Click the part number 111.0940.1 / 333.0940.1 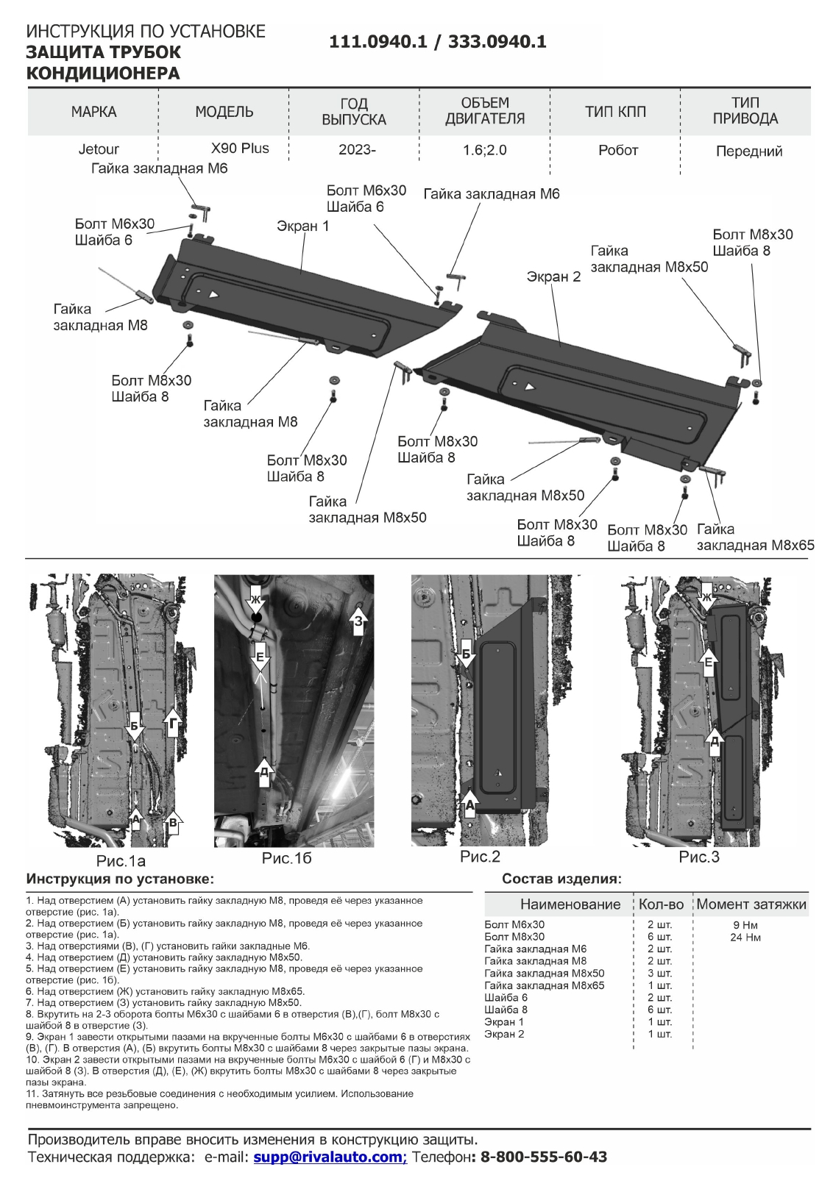pyautogui.click(x=437, y=42)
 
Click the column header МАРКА pyautogui.click(x=93, y=112)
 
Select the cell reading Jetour pyautogui.click(x=99, y=150)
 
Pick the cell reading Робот pyautogui.click(x=618, y=150)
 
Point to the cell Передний pyautogui.click(x=748, y=151)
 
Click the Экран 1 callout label pyautogui.click(x=302, y=226)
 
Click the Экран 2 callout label pyautogui.click(x=553, y=277)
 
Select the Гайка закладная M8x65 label pyautogui.click(x=755, y=538)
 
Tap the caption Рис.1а pyautogui.click(x=121, y=860)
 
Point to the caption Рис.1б pyautogui.click(x=286, y=858)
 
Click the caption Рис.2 pyautogui.click(x=480, y=857)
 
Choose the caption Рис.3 pyautogui.click(x=698, y=857)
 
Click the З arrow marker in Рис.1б pyautogui.click(x=358, y=621)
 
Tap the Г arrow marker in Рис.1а pyautogui.click(x=171, y=723)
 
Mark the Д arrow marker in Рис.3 pyautogui.click(x=714, y=740)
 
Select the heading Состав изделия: pyautogui.click(x=561, y=879)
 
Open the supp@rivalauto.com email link pyautogui.click(x=330, y=1157)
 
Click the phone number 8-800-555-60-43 pyautogui.click(x=543, y=1157)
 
